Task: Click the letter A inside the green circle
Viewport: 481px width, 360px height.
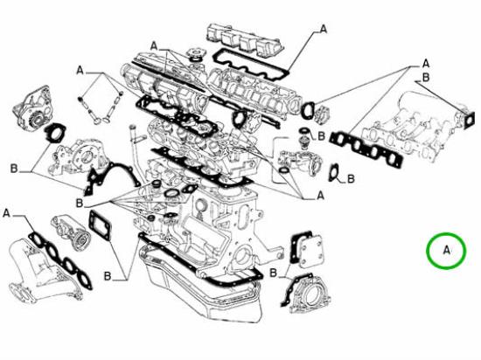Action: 447,252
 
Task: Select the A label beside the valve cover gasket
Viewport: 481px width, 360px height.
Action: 324,29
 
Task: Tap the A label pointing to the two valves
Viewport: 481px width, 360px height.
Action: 80,69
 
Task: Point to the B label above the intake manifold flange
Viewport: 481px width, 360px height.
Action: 426,77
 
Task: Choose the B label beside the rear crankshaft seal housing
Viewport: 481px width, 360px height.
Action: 273,274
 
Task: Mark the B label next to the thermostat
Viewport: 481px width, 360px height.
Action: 321,136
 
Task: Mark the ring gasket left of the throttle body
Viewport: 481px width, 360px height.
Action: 309,110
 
